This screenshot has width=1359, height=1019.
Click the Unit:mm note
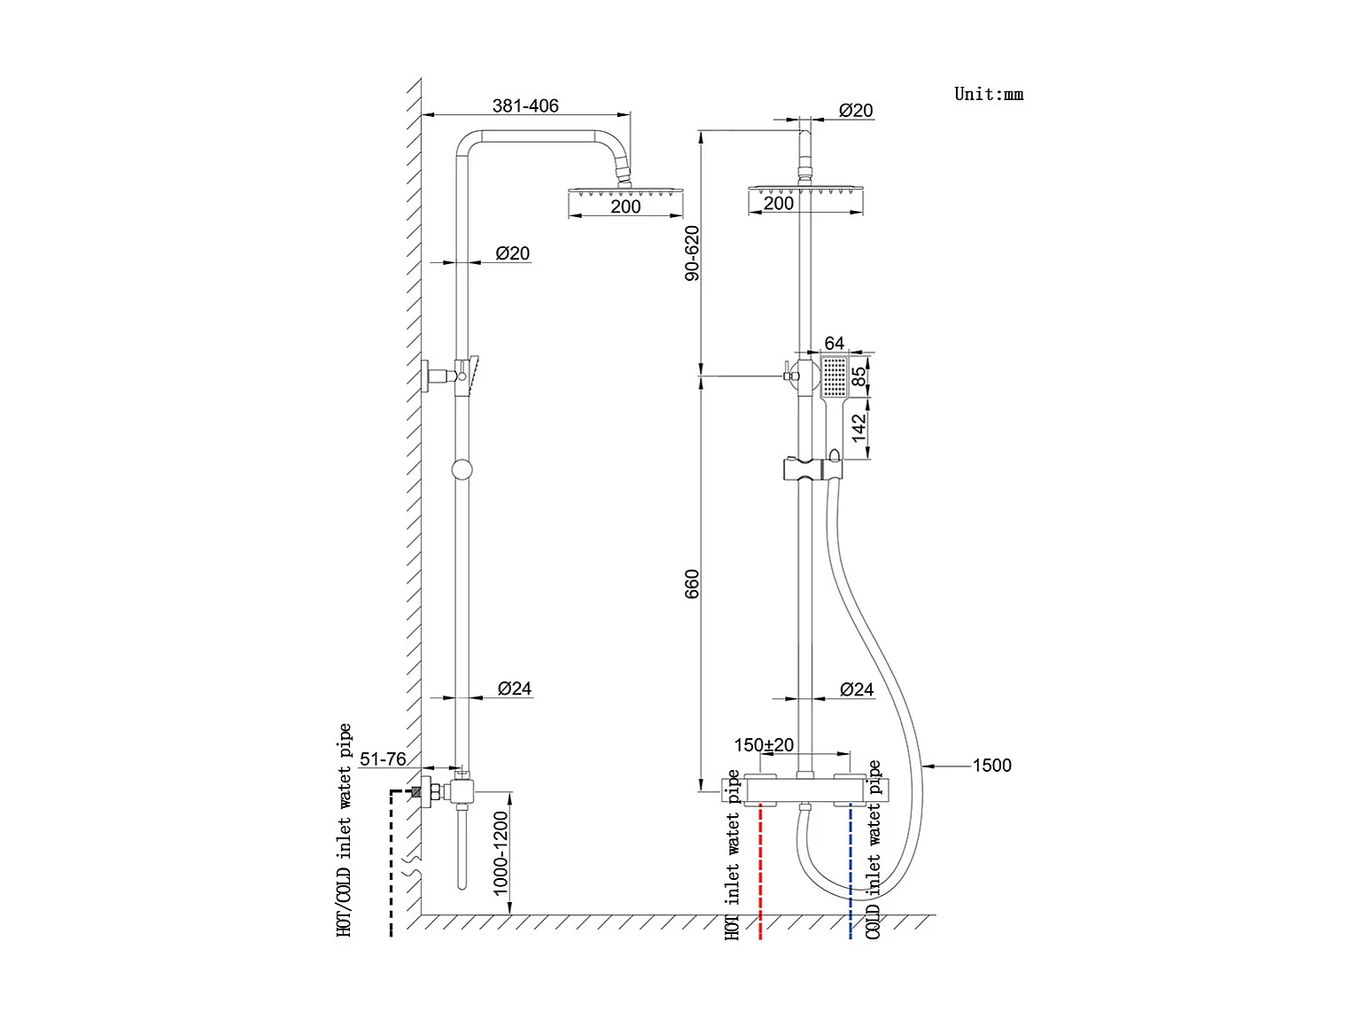click(x=988, y=94)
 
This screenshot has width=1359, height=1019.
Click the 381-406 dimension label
click(x=525, y=105)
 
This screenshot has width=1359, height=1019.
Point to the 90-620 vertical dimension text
click(x=692, y=253)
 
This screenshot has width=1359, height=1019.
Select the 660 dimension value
click(x=692, y=583)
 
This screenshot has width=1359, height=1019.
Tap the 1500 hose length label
click(x=991, y=766)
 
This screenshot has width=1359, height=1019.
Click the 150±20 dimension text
click(x=764, y=745)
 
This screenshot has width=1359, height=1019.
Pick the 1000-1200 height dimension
click(x=501, y=852)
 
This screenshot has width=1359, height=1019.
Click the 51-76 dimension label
click(x=383, y=759)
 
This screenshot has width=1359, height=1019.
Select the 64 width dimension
click(x=835, y=343)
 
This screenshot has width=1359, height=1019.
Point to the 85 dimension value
click(x=858, y=376)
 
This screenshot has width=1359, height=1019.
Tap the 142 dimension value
click(x=858, y=428)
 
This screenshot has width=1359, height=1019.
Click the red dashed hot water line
click(x=761, y=873)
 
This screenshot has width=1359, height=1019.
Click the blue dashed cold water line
click(x=850, y=873)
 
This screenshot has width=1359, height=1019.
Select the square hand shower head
click(x=835, y=377)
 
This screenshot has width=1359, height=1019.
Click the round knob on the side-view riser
click(x=462, y=470)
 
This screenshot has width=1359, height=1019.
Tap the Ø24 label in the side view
click(x=514, y=688)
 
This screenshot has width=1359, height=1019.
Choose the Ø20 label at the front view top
click(x=856, y=111)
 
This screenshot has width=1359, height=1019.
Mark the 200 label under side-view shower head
click(x=625, y=206)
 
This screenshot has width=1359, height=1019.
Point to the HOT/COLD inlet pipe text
click(x=345, y=830)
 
